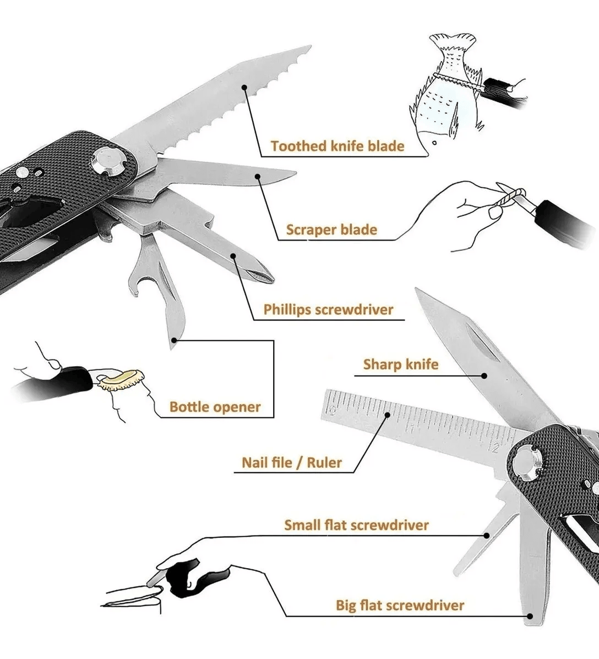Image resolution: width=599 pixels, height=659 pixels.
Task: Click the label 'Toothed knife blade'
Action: pyautogui.click(x=337, y=146)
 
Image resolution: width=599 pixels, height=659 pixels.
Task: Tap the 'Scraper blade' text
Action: pyautogui.click(x=331, y=230)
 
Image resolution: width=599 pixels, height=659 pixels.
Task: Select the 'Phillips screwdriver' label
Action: pyautogui.click(x=328, y=309)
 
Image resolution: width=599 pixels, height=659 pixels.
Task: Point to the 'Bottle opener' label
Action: pyautogui.click(x=215, y=407)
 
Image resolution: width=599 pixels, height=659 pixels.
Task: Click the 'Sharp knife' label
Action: pyautogui.click(x=401, y=364)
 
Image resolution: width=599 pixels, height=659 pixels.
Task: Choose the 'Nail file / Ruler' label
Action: pyautogui.click(x=292, y=462)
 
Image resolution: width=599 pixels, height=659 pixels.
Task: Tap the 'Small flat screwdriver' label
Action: pyautogui.click(x=356, y=525)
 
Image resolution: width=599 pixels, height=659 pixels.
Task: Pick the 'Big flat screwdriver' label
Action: pyautogui.click(x=400, y=606)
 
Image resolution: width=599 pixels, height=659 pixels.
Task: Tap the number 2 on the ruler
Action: pyautogui.click(x=497, y=447)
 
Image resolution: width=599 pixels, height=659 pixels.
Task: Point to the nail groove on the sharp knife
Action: pyautogui.click(x=482, y=341)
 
